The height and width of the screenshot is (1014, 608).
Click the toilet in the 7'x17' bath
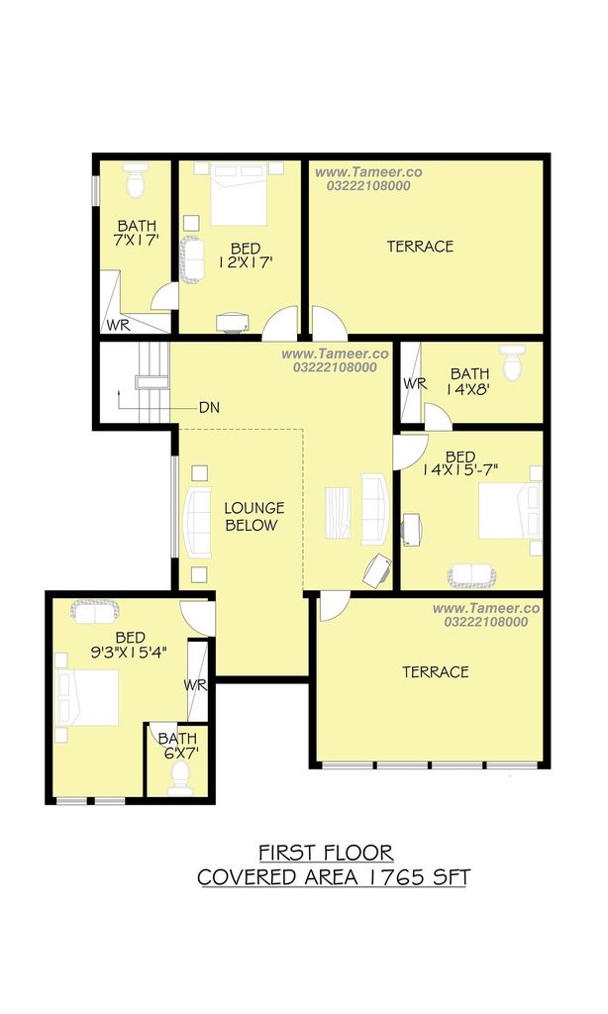point(136,180)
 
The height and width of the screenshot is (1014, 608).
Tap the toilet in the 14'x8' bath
point(512,362)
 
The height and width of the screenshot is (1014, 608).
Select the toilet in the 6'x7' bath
point(178,777)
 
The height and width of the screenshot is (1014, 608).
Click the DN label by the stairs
point(209,407)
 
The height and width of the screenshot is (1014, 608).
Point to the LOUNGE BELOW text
point(253,517)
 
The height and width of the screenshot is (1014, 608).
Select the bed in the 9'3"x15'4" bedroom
point(87,697)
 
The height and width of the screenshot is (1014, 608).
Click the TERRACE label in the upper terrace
point(421,247)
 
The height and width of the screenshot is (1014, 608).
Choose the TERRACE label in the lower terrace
point(436,672)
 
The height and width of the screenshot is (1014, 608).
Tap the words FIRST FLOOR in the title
point(326,853)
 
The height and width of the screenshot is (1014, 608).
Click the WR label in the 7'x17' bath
point(119,325)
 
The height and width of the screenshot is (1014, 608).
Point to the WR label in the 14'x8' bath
point(415,383)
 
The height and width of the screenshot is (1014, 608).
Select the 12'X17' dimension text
point(246,261)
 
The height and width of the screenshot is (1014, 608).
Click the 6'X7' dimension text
point(178,753)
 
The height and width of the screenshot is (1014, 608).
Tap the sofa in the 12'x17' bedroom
point(191,259)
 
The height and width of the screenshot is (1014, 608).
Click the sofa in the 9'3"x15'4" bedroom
point(95,611)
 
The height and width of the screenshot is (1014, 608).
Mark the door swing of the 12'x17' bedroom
point(279,324)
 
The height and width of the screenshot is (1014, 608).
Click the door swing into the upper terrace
point(329,324)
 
